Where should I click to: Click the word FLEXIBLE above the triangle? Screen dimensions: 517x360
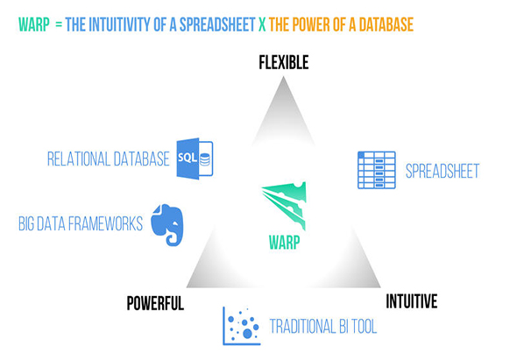(284, 62)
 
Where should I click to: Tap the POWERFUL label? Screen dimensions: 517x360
(155, 303)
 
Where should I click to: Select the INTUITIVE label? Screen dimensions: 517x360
(412, 301)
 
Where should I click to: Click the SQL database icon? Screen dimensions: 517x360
(195, 159)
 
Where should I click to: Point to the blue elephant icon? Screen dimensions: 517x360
(167, 225)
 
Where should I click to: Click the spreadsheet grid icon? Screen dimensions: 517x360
(377, 170)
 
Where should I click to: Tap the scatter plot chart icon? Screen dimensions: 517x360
(242, 326)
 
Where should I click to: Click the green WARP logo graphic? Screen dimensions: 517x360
(285, 205)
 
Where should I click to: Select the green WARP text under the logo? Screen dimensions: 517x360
(285, 243)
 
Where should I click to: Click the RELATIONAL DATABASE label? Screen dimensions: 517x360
(109, 159)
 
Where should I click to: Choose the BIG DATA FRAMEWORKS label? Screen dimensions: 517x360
(81, 223)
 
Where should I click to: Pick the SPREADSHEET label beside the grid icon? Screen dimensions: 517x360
(443, 171)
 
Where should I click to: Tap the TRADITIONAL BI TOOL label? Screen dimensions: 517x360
(323, 327)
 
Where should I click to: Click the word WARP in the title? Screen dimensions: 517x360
(34, 25)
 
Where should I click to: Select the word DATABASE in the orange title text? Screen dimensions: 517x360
(386, 25)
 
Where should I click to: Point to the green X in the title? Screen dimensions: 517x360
(262, 25)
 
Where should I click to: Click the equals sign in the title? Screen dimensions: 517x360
(59, 25)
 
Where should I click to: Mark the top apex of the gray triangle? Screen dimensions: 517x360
(283, 77)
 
